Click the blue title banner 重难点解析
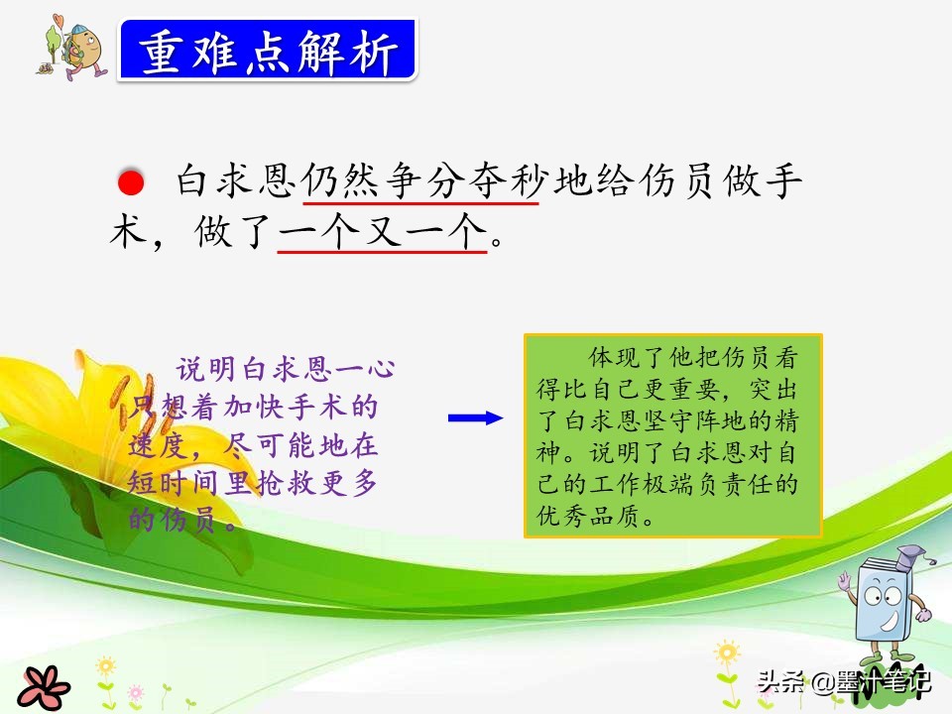268,51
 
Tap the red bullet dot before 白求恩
131,182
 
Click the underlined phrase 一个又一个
383,231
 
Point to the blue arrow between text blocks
475,417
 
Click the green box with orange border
672,435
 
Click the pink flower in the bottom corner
44,688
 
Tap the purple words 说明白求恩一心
286,369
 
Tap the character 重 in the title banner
161,53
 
